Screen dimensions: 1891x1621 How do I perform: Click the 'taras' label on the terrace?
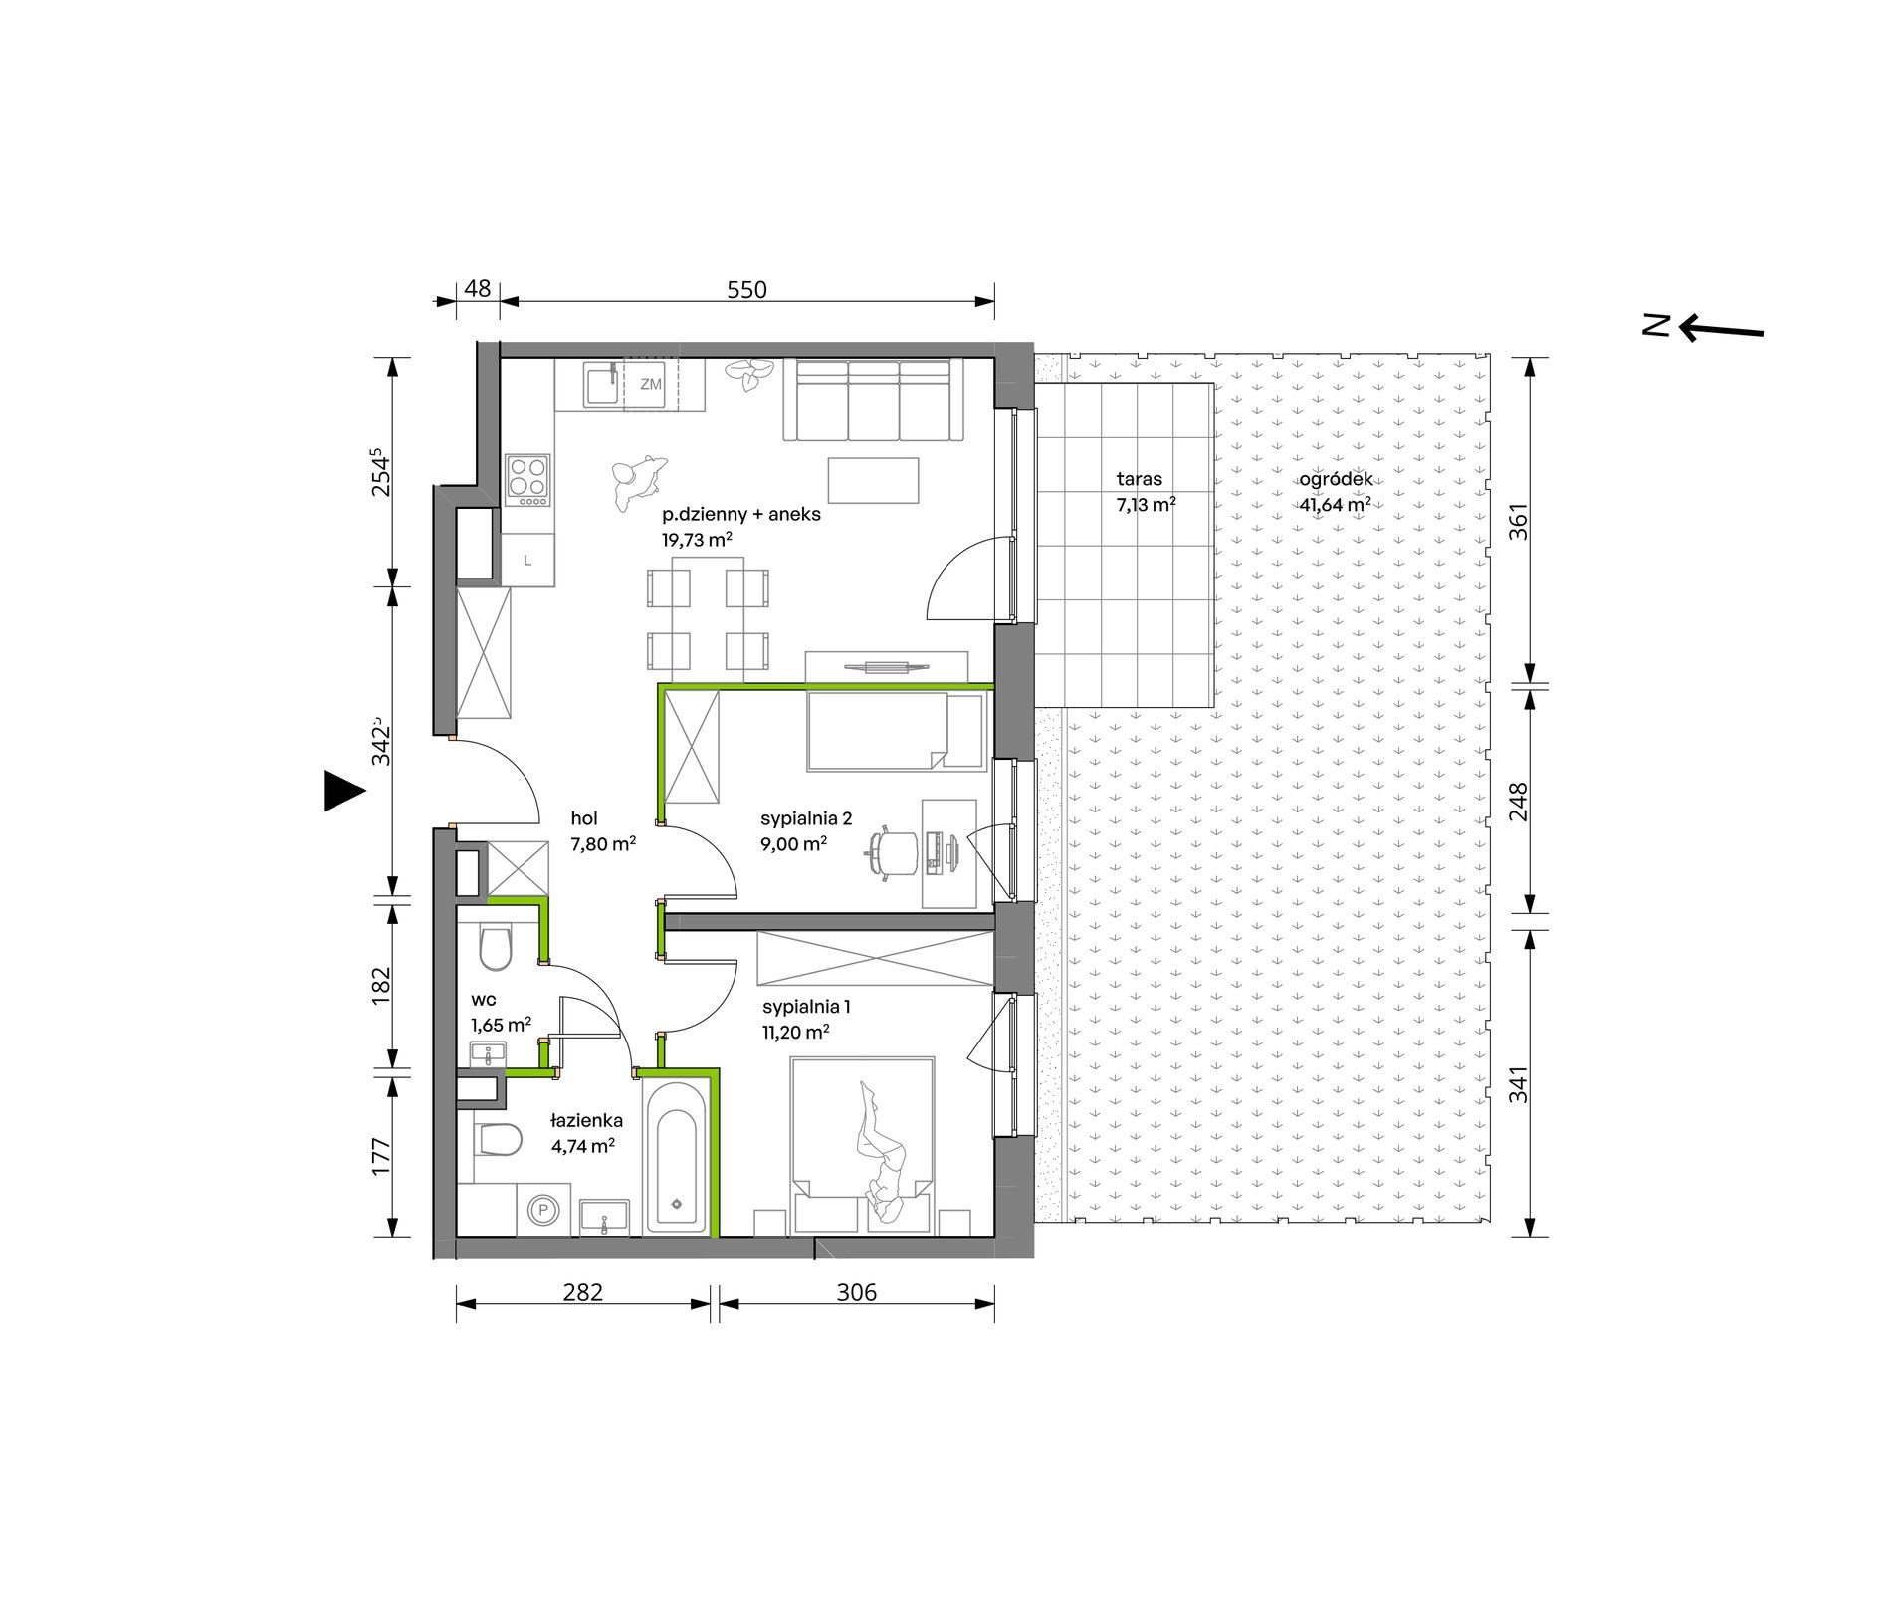(1139, 479)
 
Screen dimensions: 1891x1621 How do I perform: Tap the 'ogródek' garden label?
(1336, 479)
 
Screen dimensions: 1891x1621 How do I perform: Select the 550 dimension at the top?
(746, 290)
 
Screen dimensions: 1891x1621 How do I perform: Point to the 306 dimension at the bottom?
(856, 1292)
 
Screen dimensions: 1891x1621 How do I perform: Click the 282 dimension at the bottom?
(582, 1292)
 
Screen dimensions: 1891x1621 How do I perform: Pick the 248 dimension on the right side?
(1518, 802)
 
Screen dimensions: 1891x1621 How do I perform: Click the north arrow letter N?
(1655, 325)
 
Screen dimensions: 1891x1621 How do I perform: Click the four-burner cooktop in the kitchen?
(527, 480)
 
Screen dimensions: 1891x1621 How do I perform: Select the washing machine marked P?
(543, 1210)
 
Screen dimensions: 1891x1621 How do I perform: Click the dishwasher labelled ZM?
(650, 384)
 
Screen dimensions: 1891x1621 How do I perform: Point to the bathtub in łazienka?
(677, 1158)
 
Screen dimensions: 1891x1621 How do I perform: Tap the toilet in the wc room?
(495, 947)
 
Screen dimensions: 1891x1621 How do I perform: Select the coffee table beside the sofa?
(873, 480)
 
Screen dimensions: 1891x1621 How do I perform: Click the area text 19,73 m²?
(697, 540)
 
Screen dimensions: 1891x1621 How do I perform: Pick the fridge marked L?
(527, 560)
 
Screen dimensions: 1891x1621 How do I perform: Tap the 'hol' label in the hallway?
(584, 818)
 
